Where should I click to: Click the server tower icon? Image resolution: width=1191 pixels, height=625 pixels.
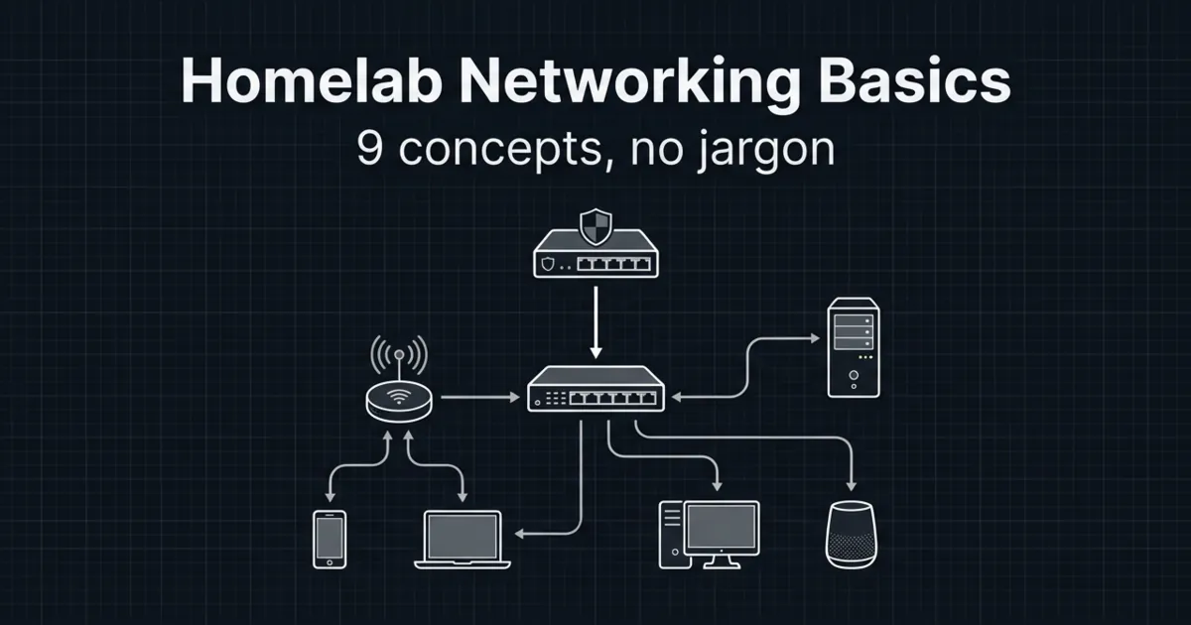point(856,350)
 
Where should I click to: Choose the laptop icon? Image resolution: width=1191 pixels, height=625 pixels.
point(463,540)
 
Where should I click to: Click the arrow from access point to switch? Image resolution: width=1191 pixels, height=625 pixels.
point(480,398)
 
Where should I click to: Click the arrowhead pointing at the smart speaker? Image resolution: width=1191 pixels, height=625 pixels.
point(852,485)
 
